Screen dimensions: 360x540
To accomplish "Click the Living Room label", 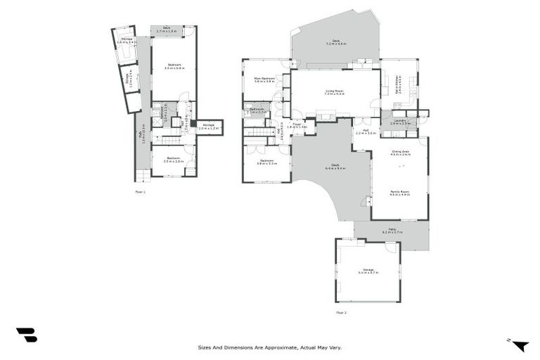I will pyautogui.click(x=334, y=91).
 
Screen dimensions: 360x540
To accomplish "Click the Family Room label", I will pyautogui.click(x=399, y=191).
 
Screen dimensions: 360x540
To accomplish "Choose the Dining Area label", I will pyautogui.click(x=400, y=152).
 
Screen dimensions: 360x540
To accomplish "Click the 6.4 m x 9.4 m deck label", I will pyautogui.click(x=334, y=167).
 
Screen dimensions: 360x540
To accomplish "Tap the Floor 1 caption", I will pyautogui.click(x=140, y=191).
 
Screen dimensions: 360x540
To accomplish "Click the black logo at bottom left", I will pyautogui.click(x=27, y=335).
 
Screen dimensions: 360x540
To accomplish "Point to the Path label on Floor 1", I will pyautogui.click(x=142, y=139).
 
